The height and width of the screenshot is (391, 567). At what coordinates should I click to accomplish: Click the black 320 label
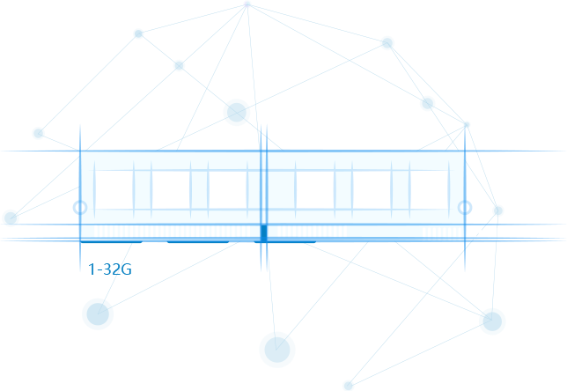coord(113,269)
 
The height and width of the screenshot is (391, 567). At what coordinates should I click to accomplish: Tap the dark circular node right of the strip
coord(498,210)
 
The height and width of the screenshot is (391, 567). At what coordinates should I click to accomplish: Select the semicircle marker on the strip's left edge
coord(80,208)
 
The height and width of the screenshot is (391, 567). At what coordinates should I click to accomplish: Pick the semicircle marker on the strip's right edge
coord(465,208)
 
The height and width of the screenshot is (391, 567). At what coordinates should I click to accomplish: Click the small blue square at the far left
coord(5,217)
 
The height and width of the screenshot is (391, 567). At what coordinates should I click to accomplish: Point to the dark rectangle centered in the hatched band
coord(263,232)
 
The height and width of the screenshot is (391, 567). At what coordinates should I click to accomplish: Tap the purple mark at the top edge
coord(247,4)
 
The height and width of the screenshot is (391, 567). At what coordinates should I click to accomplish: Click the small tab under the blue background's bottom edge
coord(348,387)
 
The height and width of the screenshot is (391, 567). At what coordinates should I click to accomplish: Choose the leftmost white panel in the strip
coord(114,188)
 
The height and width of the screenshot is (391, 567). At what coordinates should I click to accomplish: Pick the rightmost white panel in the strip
coord(429,188)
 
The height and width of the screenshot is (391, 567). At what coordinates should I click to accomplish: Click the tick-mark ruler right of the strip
coord(494,238)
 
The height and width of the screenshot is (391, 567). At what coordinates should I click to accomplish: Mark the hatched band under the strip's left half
coord(170,232)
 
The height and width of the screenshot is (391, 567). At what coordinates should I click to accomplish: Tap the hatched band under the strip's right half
coord(364,232)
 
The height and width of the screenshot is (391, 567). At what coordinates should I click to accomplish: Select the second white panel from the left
coord(170,188)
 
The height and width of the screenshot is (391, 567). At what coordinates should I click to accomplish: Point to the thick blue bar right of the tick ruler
coord(546,239)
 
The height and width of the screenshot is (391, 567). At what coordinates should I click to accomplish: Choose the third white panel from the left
coord(227,188)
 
